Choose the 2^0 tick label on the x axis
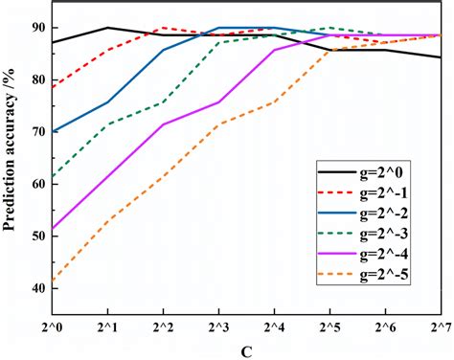pos(51,327)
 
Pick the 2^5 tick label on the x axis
pos(329,327)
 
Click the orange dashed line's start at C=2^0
pos(52,280)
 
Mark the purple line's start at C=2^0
pos(52,229)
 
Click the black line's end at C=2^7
pos(440,57)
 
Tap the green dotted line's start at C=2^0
pos(52,177)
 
